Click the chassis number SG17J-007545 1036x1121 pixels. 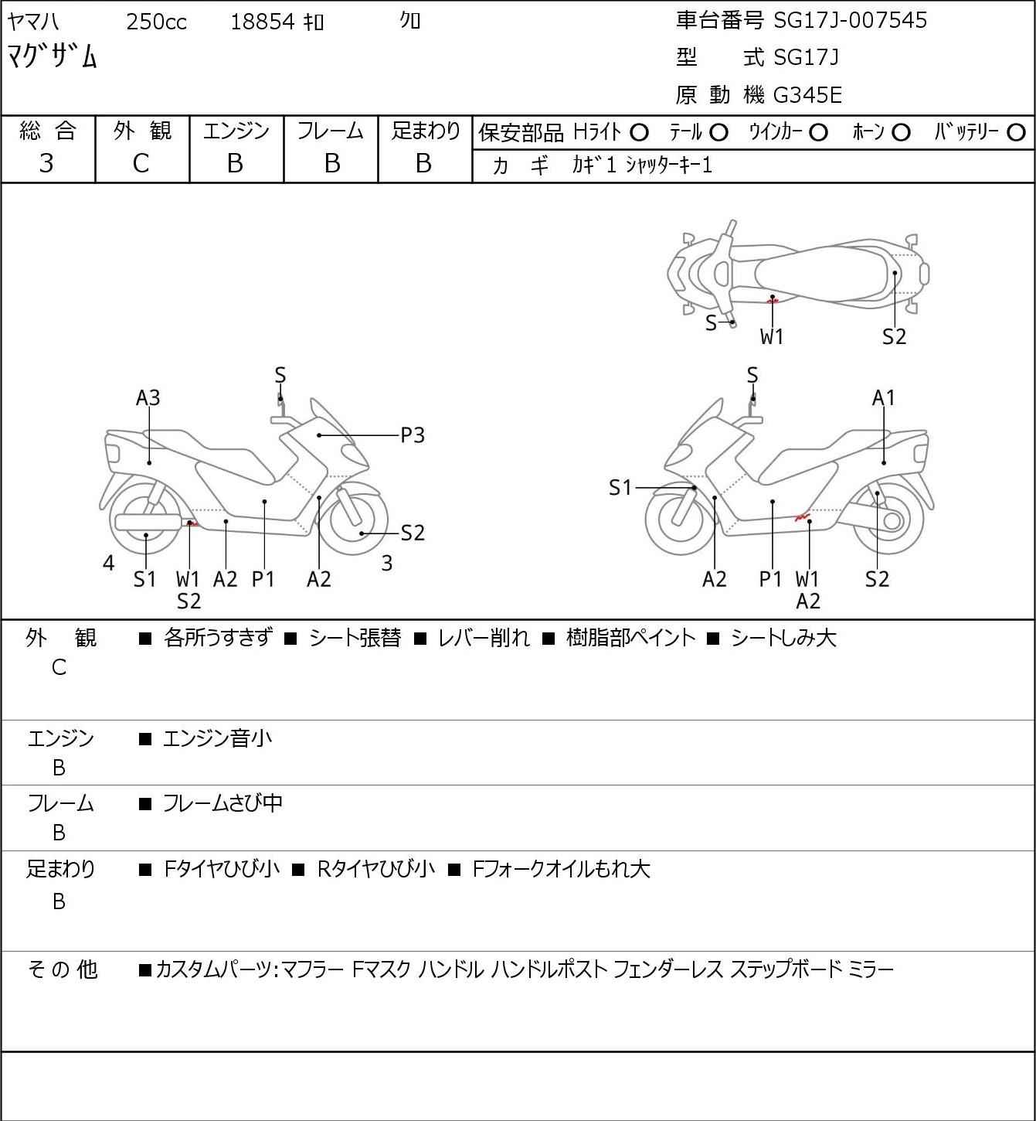(850, 20)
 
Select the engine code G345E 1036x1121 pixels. (807, 95)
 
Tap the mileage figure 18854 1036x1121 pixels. (263, 22)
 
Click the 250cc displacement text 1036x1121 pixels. (156, 22)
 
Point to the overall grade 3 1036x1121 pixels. (46, 163)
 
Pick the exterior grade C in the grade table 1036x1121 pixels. (141, 163)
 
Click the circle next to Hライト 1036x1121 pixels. (639, 132)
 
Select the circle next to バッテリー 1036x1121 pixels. (1017, 132)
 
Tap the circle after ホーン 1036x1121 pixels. (901, 132)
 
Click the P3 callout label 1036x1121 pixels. (413, 435)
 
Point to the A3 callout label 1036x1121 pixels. (148, 397)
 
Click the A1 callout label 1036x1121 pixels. (883, 397)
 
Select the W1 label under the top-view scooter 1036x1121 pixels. (772, 336)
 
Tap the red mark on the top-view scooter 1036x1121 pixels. (772, 299)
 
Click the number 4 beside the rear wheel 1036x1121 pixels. (109, 564)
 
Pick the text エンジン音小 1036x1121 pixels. (217, 739)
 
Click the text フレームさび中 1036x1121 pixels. (222, 804)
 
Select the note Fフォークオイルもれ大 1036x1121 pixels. (561, 869)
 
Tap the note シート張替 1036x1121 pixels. (355, 638)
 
